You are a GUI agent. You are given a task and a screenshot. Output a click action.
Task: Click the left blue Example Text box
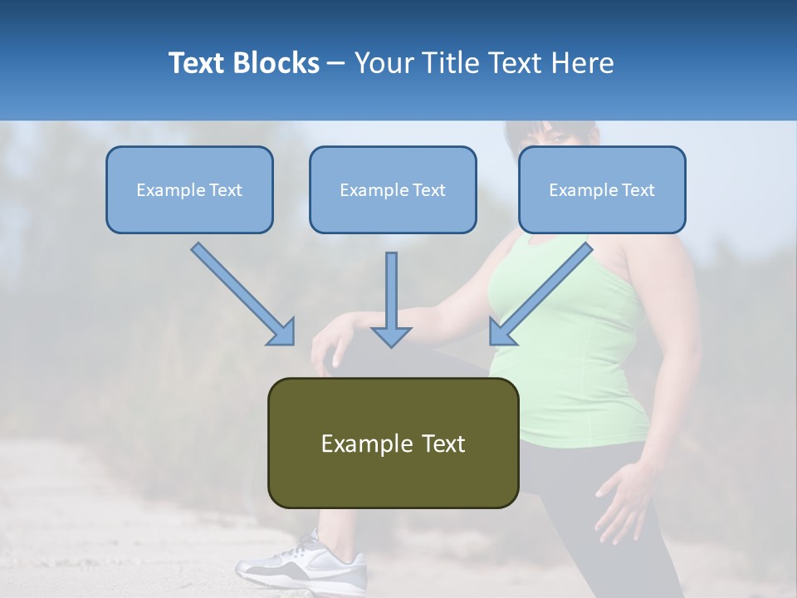[189, 189]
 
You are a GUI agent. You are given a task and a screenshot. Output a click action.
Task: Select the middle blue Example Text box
[393, 189]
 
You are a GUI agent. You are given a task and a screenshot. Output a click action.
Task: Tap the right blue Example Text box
[602, 189]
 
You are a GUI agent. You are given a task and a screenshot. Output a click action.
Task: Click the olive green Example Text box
[393, 443]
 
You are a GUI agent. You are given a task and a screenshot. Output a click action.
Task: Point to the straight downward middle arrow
[391, 291]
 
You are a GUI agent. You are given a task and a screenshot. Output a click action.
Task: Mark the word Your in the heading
[382, 63]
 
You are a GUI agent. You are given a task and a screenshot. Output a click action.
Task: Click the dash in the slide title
[336, 63]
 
